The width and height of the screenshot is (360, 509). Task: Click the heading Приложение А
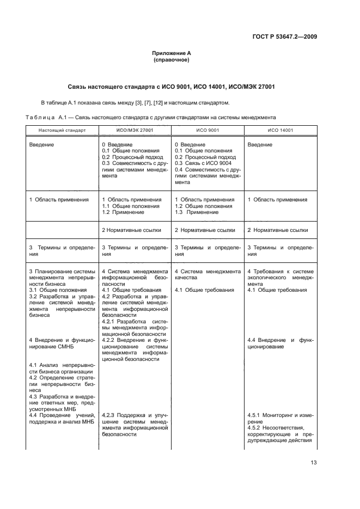click(x=172, y=53)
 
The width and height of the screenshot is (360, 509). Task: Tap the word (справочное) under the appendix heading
click(x=172, y=60)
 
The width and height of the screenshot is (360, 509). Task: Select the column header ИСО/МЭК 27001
click(x=135, y=131)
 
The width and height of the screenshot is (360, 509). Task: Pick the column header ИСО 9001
click(x=208, y=131)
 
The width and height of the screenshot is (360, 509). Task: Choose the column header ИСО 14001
click(x=280, y=131)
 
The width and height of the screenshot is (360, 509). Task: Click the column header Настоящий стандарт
click(x=62, y=131)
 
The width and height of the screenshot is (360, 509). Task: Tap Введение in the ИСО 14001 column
click(x=260, y=144)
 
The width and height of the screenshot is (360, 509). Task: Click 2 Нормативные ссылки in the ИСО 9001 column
click(x=204, y=230)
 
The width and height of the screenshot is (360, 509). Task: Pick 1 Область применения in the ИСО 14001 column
click(x=277, y=200)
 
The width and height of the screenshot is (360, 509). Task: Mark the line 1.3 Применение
click(x=197, y=212)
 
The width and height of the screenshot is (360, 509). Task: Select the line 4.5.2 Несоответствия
click(x=275, y=428)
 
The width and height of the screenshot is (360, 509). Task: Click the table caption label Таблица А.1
click(x=46, y=117)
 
